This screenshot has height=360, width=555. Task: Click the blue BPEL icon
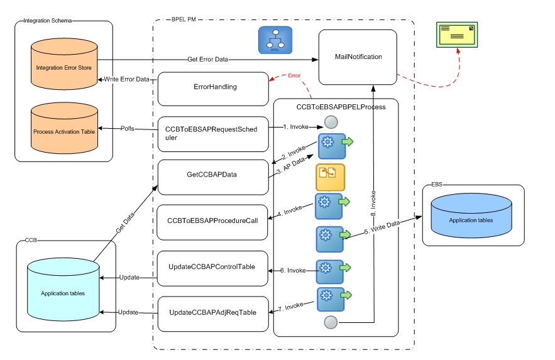(275, 40)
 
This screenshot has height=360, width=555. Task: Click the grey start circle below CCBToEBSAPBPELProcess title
(330, 122)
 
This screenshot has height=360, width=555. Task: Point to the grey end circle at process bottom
(330, 322)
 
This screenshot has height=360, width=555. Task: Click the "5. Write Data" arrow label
(384, 231)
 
